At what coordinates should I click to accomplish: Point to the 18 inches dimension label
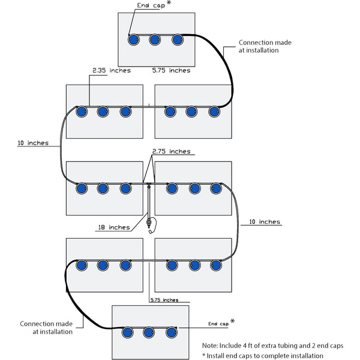pyautogui.click(x=113, y=227)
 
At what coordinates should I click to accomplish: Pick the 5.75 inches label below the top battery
pyautogui.click(x=172, y=70)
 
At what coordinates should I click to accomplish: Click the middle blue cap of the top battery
pyautogui.click(x=155, y=40)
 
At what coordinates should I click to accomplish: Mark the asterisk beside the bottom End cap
pyautogui.click(x=232, y=321)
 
